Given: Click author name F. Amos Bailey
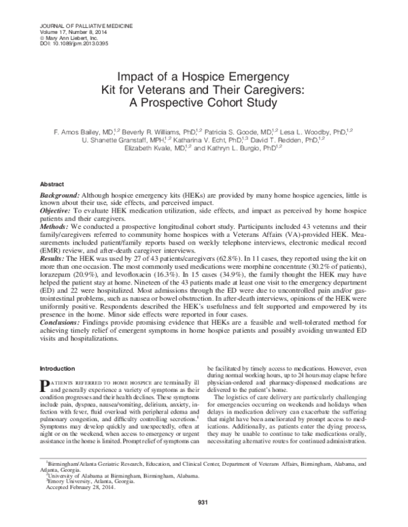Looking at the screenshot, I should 80,129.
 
